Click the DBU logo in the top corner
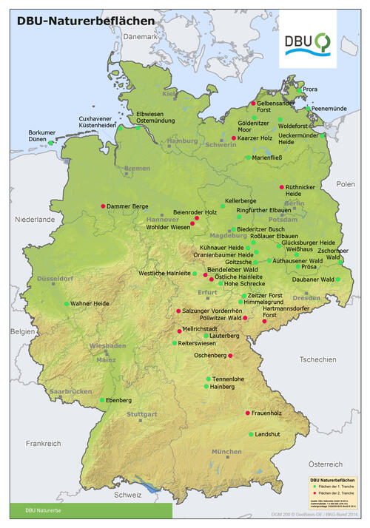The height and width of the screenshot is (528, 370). point(309,42)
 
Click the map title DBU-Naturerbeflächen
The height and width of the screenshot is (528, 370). point(87,21)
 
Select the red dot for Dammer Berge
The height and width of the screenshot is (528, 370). point(103,206)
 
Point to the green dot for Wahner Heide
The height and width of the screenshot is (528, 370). point(67,304)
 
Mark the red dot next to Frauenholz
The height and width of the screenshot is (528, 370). point(247,413)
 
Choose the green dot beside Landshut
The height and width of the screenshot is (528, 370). point(251,434)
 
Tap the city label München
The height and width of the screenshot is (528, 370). point(226,451)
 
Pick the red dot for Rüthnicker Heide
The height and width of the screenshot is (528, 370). point(280,187)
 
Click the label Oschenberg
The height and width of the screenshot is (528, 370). point(208,356)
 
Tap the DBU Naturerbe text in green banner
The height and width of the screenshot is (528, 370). point(41,510)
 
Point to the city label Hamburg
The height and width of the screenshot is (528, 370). point(183,141)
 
